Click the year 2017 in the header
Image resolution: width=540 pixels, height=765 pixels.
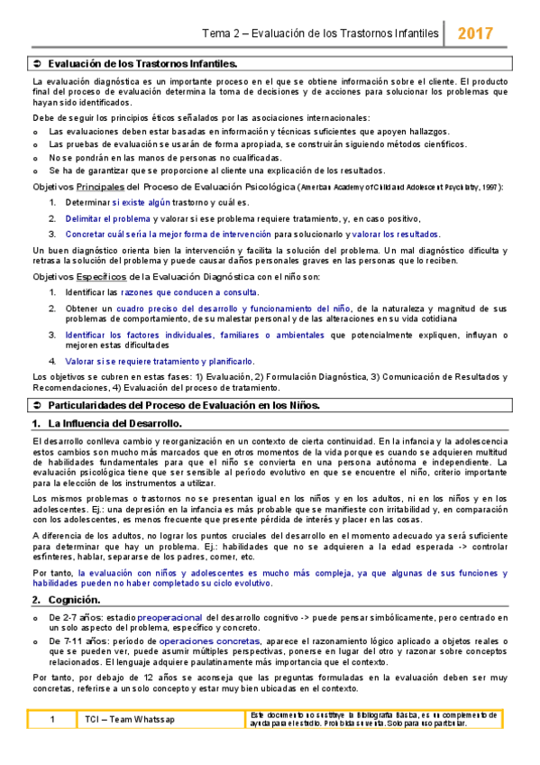pos(474,33)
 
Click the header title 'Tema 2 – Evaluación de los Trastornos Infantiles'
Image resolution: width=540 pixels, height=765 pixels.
pos(321,33)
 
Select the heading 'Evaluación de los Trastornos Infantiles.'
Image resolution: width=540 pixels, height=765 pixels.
pos(142,64)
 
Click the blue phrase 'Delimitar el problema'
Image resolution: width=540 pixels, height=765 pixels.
pos(107,218)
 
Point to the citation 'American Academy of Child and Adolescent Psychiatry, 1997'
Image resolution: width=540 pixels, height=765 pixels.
pos(398,188)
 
